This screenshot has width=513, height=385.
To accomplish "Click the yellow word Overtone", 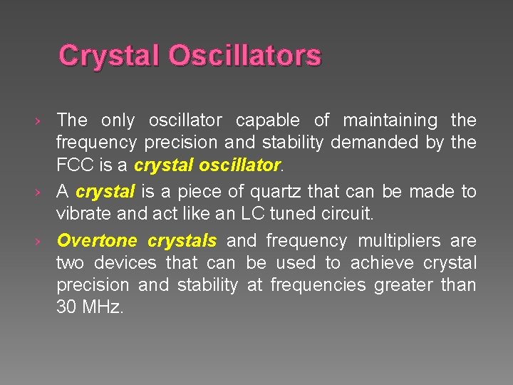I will coord(98,241).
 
